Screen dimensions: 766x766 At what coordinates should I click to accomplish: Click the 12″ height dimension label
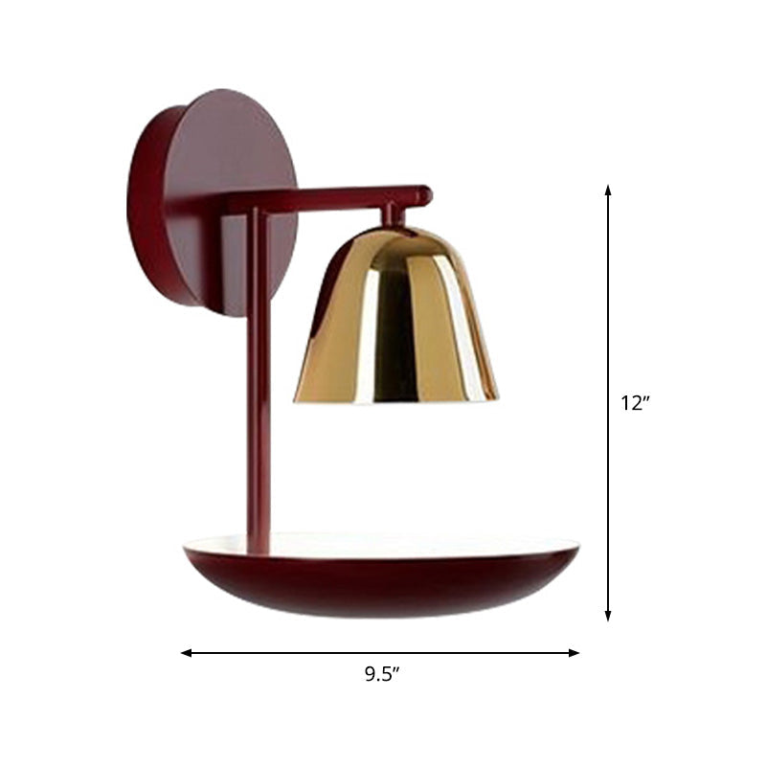(x=635, y=403)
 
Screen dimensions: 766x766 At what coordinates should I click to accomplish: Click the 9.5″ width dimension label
(x=381, y=673)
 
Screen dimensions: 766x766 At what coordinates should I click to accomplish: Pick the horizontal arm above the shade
(x=326, y=197)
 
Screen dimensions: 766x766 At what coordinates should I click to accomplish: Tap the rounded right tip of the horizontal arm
(x=425, y=195)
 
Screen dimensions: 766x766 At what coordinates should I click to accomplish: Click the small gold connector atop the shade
(x=394, y=216)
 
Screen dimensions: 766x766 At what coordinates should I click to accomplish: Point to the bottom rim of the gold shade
(x=395, y=398)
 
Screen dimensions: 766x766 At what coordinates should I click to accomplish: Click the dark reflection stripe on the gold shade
(x=393, y=326)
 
